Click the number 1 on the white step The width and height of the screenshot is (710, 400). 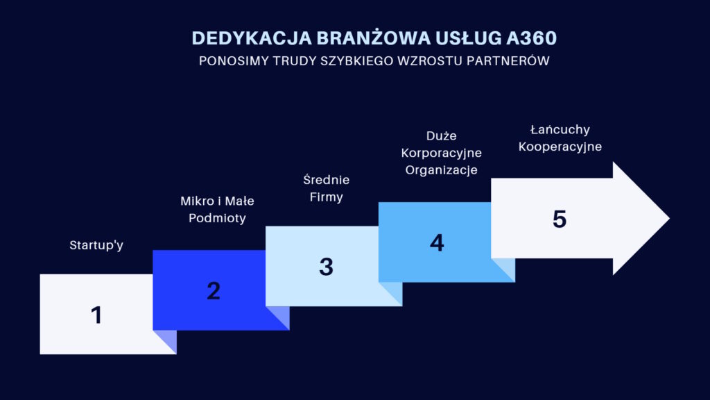[96, 315]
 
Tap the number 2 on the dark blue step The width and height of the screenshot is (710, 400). [214, 291]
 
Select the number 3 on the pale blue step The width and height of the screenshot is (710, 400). [326, 267]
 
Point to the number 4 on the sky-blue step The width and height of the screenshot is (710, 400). [437, 242]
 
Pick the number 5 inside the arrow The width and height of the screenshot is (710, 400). [560, 219]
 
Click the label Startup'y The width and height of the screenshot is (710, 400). [96, 245]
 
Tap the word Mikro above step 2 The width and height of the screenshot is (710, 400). [197, 201]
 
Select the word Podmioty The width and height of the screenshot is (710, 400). [217, 218]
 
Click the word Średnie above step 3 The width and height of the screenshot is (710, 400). [326, 180]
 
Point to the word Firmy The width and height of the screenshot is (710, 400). [326, 197]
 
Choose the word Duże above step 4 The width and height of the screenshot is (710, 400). [442, 135]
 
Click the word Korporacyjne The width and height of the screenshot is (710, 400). [442, 153]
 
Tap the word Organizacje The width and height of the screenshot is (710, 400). [442, 170]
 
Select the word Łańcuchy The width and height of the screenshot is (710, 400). [560, 130]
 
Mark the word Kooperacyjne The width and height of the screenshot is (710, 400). [560, 147]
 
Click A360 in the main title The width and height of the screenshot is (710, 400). [532, 38]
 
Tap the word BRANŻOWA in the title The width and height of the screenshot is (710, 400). [374, 37]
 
